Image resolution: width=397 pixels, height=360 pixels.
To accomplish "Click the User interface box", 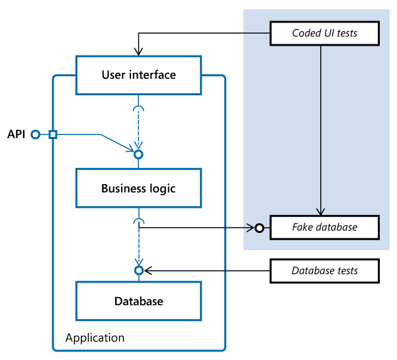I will coord(139,75).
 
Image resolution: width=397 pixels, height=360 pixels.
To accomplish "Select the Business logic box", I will coord(139,189).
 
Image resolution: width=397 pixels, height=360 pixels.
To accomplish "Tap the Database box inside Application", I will coord(139,301).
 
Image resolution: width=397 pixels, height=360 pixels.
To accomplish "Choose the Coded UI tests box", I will coord(324,32).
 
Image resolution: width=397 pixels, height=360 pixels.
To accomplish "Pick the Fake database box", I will coord(324,227).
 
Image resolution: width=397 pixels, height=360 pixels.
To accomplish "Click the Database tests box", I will coord(324,271).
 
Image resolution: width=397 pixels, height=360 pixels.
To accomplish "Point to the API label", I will coord(17,134).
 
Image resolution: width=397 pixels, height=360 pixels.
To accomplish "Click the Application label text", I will coord(95,337).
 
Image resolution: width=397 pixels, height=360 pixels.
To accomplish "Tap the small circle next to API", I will coord(35,134).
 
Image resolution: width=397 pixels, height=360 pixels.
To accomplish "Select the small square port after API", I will coord(53,134).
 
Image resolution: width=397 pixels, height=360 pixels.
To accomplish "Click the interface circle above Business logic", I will coord(139,154).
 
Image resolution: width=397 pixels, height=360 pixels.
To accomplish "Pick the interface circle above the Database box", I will coord(139,271).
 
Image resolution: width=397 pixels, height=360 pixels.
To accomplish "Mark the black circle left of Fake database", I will coord(259,228).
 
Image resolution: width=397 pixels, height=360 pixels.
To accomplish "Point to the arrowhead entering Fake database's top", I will coord(321,211).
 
